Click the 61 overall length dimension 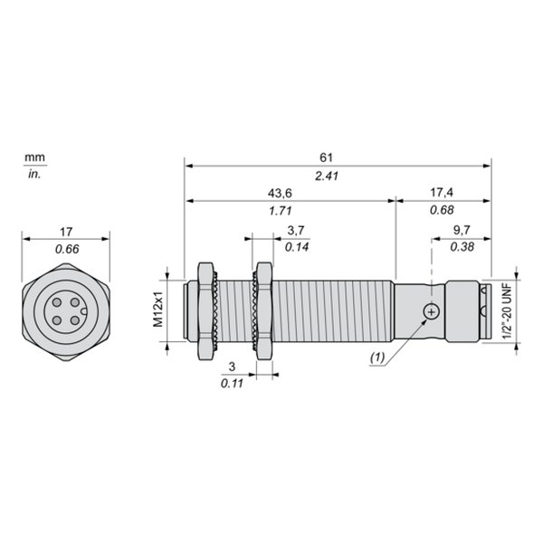click(326, 157)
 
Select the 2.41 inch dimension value click(326, 176)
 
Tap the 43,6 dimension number click(280, 194)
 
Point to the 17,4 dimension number click(442, 192)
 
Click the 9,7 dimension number click(462, 230)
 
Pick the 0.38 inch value click(462, 247)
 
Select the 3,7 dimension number click(296, 230)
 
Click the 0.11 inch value click(232, 384)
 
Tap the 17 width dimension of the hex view click(66, 232)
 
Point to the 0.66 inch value click(67, 249)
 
